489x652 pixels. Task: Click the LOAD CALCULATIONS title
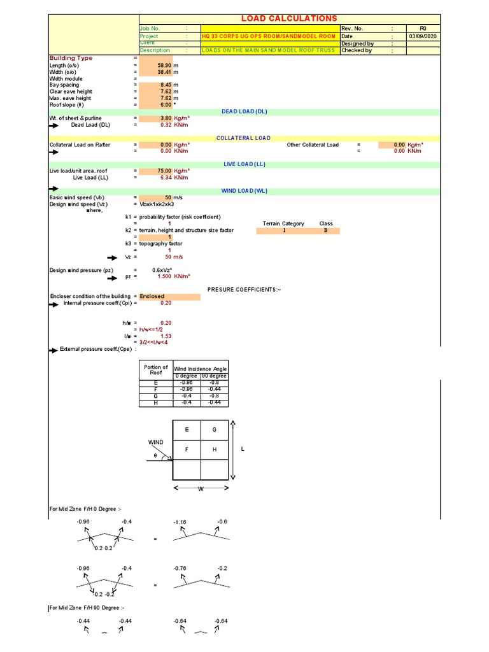(x=289, y=18)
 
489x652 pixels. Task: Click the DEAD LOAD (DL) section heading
(x=244, y=111)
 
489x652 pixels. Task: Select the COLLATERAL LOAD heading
(x=243, y=138)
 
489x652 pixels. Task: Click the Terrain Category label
(x=283, y=223)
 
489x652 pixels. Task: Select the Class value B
(x=326, y=230)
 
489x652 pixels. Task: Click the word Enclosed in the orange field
(x=152, y=296)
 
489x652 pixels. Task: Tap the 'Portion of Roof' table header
(x=156, y=369)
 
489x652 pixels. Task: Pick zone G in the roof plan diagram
(x=215, y=430)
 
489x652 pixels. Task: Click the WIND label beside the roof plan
(x=156, y=442)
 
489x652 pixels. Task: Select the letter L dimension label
(x=243, y=449)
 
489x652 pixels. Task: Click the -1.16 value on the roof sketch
(x=180, y=521)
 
